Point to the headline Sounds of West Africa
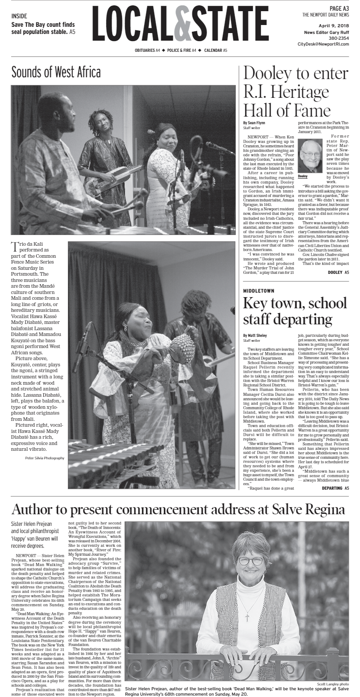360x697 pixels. (x=56, y=72)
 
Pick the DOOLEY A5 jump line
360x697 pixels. (x=338, y=272)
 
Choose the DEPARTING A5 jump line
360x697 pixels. (x=335, y=488)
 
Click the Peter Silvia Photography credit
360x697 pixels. (x=45, y=458)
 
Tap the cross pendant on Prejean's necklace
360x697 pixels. (x=247, y=617)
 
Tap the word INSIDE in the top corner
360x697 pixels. (x=19, y=16)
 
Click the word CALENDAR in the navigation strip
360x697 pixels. (x=213, y=50)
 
